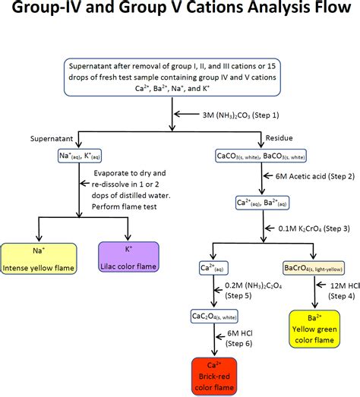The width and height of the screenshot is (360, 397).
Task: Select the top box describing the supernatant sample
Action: [180, 76]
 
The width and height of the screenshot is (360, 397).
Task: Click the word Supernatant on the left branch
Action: [53, 140]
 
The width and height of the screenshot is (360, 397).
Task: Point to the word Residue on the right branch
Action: [277, 140]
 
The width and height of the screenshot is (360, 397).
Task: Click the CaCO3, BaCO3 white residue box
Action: [254, 156]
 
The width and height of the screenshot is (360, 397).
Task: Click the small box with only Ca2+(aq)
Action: [215, 267]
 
